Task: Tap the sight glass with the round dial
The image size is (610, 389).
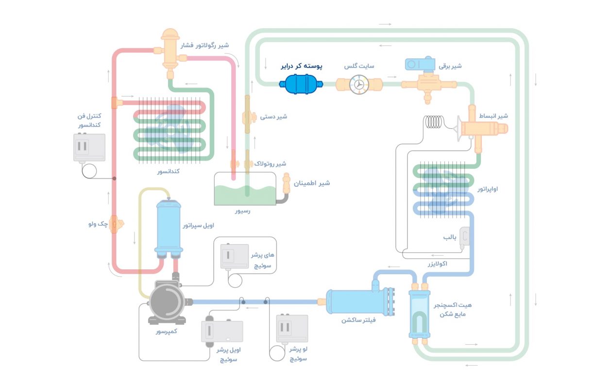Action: [x=359, y=84]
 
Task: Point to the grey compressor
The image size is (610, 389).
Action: [x=168, y=301]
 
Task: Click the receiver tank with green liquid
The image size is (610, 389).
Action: [x=245, y=190]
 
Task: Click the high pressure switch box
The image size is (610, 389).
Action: [x=235, y=256]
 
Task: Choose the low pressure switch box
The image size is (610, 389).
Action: [x=292, y=328]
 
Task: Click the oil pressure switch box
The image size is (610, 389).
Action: [x=221, y=334]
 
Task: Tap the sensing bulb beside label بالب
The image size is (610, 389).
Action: [x=465, y=237]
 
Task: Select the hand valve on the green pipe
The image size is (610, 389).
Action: [x=247, y=117]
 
